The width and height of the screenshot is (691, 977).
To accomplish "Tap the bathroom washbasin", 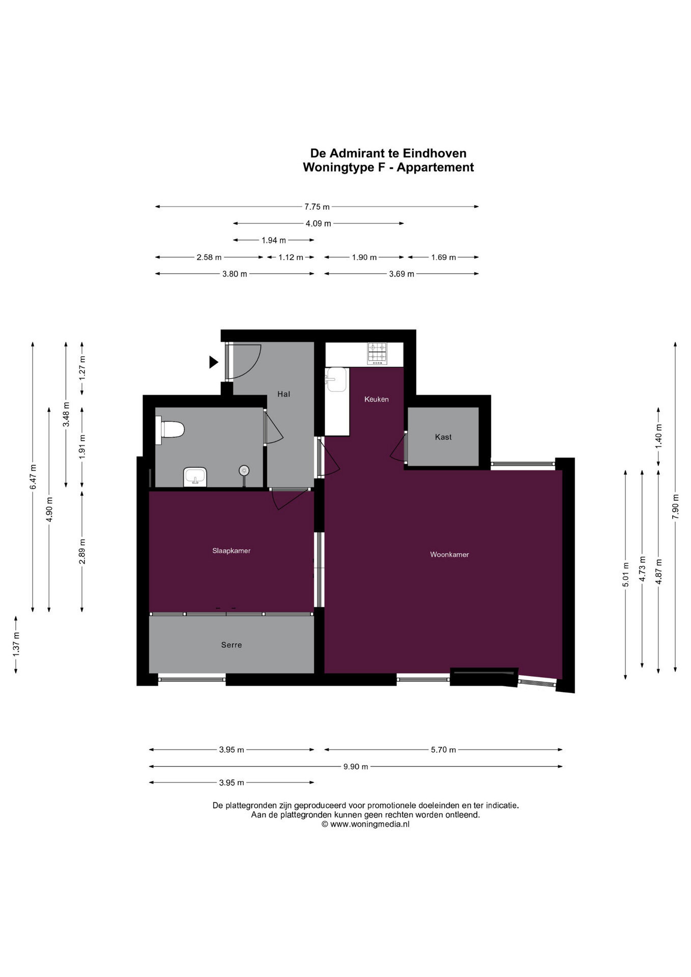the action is click(x=195, y=477).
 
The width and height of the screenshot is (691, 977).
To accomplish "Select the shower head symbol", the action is click(x=244, y=471).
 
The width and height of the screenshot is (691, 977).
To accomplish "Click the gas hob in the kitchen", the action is click(x=377, y=354).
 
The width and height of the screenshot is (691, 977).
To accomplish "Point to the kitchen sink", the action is click(x=336, y=380).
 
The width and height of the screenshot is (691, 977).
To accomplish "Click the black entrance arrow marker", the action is click(x=214, y=362).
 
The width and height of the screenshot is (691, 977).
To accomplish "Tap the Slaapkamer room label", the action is click(x=232, y=551).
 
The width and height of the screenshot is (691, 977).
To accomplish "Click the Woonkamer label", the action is click(x=449, y=555).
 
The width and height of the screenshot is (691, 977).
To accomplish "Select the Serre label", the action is click(x=232, y=645).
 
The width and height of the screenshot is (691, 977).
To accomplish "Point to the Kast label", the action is click(x=443, y=437).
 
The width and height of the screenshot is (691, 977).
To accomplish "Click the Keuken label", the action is click(x=377, y=399).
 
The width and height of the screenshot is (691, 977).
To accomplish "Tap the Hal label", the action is click(x=284, y=394).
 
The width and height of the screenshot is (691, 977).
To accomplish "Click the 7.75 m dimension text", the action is click(x=317, y=207).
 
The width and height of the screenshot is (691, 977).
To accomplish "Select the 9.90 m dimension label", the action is click(x=356, y=766).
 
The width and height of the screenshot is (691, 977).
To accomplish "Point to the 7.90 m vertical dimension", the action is click(x=675, y=506).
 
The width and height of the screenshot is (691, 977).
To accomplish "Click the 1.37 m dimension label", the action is click(x=16, y=644).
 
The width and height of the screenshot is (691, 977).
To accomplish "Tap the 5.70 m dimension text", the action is click(x=443, y=750).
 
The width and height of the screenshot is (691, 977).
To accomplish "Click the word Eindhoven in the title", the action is click(x=435, y=153).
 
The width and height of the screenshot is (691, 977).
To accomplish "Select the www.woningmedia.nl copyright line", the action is click(x=365, y=824).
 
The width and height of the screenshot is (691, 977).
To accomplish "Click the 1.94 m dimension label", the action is click(x=274, y=240).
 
